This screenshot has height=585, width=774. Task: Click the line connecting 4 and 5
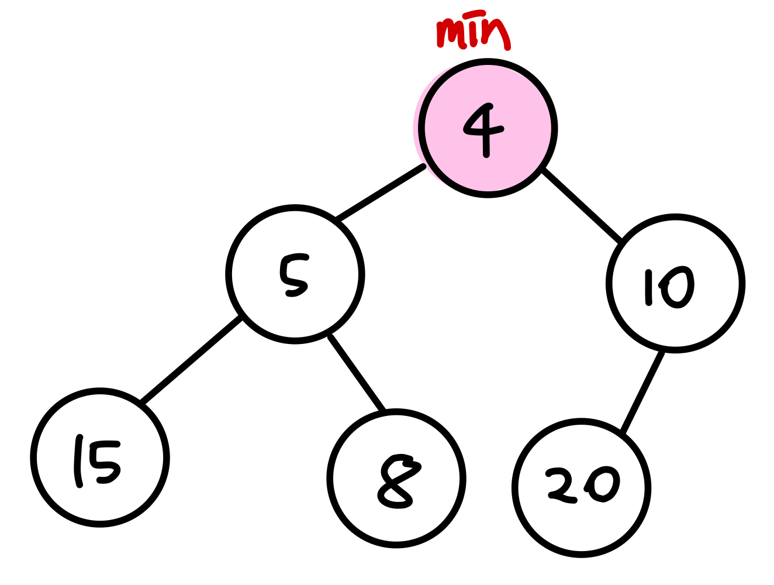[x=380, y=194]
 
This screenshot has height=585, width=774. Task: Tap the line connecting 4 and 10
[x=581, y=205]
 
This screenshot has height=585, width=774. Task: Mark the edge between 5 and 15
[x=191, y=360]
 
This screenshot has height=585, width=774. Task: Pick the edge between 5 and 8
[x=358, y=373]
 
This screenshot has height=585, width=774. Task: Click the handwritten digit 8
[x=398, y=481]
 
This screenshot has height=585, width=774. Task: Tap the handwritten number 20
[x=583, y=486]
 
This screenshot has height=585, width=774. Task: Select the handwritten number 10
[x=669, y=287]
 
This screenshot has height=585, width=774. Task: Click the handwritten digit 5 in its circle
[x=294, y=275]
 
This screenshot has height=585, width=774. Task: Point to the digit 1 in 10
[x=648, y=287]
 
